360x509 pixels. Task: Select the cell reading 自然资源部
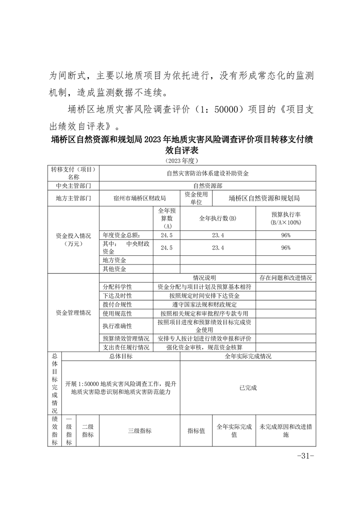click(x=207, y=186)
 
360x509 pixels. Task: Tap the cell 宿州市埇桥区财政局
click(x=140, y=198)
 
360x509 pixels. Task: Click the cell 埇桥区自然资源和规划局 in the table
click(x=264, y=198)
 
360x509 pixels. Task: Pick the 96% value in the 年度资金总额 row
click(x=286, y=235)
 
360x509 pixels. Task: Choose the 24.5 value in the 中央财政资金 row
click(x=167, y=248)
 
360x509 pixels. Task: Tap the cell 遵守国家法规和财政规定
click(x=204, y=304)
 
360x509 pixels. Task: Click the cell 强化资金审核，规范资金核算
click(x=204, y=347)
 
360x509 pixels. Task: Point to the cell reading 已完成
click(x=248, y=388)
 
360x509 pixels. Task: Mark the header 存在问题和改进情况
click(x=286, y=278)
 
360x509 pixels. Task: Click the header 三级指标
click(x=140, y=431)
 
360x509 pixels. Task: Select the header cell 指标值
click(x=196, y=431)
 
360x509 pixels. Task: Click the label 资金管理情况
click(x=73, y=313)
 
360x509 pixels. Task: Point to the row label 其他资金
click(x=114, y=269)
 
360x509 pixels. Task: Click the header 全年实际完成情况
click(x=248, y=356)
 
